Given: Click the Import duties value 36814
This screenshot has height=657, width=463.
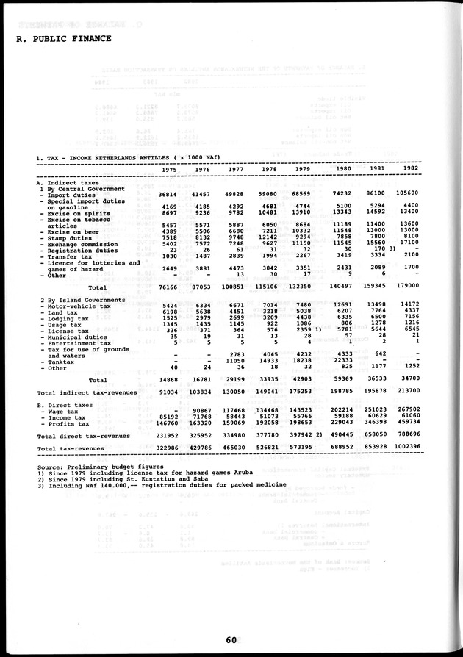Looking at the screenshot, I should tap(169, 193).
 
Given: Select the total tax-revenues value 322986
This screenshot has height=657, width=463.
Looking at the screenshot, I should tap(167, 448).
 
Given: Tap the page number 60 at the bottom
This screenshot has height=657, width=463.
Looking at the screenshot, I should tap(232, 639).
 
